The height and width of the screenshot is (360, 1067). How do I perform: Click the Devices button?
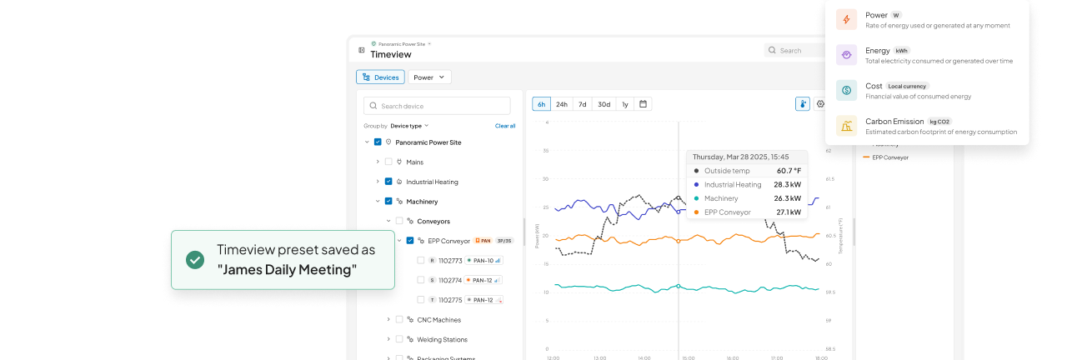click(x=380, y=77)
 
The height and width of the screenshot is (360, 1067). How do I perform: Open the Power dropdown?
click(x=429, y=77)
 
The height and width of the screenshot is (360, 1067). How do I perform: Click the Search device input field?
click(x=438, y=106)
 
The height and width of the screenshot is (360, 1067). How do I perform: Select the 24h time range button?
click(x=562, y=104)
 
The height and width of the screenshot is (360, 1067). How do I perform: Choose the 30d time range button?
click(x=604, y=104)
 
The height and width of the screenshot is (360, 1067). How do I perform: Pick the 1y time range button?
click(x=624, y=104)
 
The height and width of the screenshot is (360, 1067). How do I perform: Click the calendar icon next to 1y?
click(x=643, y=104)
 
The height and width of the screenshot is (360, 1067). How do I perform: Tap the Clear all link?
click(x=504, y=126)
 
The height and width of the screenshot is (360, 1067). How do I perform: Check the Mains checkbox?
click(x=388, y=162)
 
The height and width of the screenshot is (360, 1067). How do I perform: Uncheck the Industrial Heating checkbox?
click(x=388, y=182)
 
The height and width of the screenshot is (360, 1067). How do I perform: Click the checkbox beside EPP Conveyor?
click(x=410, y=241)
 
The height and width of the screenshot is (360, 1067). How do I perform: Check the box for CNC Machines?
click(x=399, y=319)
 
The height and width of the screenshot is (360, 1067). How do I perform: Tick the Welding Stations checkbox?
click(x=399, y=339)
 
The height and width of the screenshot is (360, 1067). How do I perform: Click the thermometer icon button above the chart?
click(x=802, y=104)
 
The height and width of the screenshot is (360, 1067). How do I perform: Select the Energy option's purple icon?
click(x=846, y=55)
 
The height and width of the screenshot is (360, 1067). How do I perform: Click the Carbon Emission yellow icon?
click(x=846, y=126)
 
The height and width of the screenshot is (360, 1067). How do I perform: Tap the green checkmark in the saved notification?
click(x=195, y=260)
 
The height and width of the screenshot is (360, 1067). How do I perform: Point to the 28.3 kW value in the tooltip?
click(x=787, y=184)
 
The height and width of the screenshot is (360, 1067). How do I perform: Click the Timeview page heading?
click(x=391, y=54)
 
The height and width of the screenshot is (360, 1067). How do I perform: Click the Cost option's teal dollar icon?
click(x=846, y=90)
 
